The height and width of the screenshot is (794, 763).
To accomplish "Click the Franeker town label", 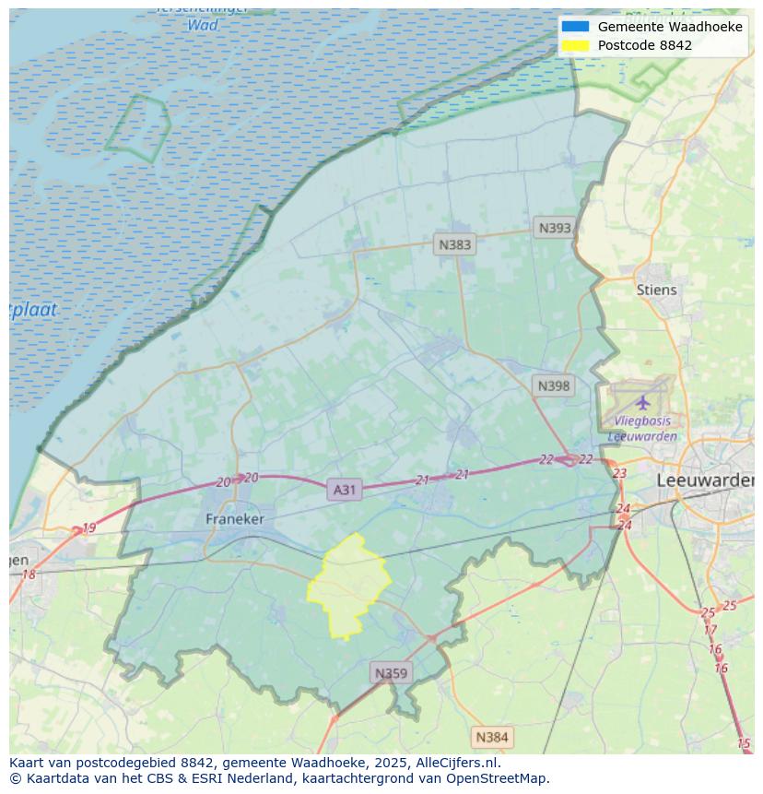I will pos(234,519).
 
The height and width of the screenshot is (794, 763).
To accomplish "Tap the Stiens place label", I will pos(656,290).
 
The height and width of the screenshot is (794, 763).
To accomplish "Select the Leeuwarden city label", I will pos(704,480).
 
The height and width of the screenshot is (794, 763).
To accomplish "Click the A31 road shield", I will pos(344,490).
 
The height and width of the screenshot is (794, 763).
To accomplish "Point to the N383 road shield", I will pos(454,244).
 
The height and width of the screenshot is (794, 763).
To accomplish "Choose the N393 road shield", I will pos(555,228).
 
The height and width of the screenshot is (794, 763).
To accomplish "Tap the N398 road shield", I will pos(553,385).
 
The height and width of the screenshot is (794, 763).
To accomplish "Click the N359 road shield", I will pos(391,673).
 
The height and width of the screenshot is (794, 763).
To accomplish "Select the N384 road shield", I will pos(491,737).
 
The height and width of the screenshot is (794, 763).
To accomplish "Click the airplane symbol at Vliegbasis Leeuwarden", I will pos(642,402).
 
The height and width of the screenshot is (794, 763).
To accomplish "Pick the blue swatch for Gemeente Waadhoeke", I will pos(575,27).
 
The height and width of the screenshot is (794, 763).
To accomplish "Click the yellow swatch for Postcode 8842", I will pos(575,45).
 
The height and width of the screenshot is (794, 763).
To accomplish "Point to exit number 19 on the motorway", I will pos(88,528).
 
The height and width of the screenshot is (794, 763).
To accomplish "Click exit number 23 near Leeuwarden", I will pos(619,473).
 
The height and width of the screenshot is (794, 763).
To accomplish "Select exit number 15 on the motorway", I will pos(744,743).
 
